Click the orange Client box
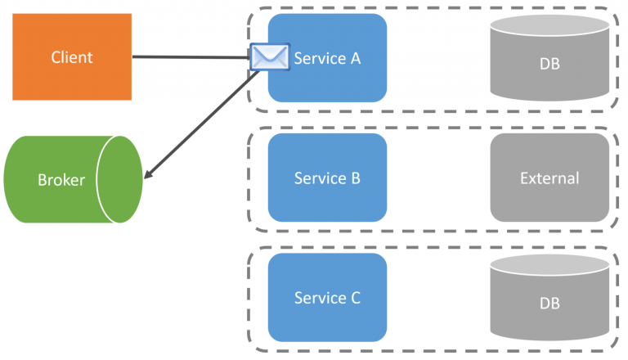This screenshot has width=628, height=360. tap(72, 57)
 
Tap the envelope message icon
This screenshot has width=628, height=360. tap(270, 57)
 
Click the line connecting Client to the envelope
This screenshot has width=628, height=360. tap(192, 57)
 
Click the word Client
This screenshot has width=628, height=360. tap(72, 57)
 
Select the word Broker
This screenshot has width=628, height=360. tap(61, 180)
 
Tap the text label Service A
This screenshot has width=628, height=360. tap(327, 58)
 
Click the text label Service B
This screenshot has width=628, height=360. tap(327, 178)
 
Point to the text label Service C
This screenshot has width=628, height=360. tap(327, 298)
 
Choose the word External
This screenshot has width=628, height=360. tap(549, 178)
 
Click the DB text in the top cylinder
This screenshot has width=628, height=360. tap(549, 64)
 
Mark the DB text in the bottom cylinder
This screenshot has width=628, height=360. tap(549, 304)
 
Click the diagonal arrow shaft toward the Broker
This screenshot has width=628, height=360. tap(204, 124)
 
